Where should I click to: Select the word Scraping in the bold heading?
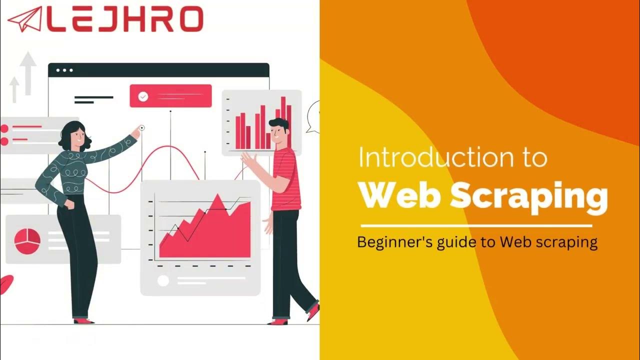click(529, 196)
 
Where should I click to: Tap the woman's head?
click(75, 134)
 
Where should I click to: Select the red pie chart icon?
click(27, 241)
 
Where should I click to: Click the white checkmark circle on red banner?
click(143, 96)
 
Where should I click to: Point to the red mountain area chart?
click(210, 230)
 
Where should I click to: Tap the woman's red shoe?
click(83, 320)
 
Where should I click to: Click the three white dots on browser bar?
click(64, 70)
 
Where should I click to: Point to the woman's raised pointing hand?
click(135, 132)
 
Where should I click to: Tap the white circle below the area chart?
click(163, 280)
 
